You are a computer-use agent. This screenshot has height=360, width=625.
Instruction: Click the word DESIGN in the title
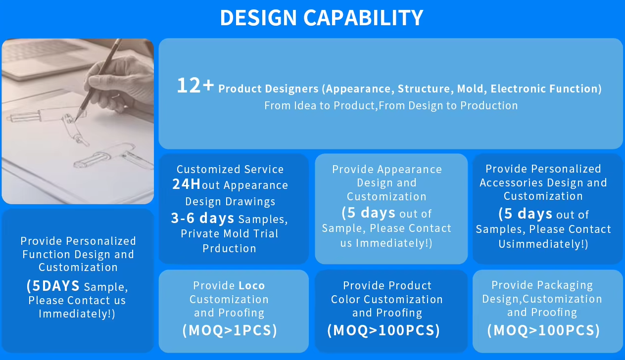click(258, 18)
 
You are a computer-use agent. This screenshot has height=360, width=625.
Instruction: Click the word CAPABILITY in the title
click(363, 18)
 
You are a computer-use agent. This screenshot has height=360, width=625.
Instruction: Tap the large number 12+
click(195, 86)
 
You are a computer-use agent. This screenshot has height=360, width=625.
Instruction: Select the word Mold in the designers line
click(470, 89)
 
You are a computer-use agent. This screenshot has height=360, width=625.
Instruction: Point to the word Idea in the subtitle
click(305, 106)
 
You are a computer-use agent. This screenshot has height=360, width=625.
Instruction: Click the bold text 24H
click(186, 184)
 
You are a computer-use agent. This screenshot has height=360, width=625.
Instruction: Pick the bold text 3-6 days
click(202, 218)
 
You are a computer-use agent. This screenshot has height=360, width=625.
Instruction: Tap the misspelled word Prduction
click(229, 248)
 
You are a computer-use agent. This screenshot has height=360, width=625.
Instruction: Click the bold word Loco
click(252, 285)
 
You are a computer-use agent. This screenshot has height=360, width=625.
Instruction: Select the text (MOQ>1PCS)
click(230, 330)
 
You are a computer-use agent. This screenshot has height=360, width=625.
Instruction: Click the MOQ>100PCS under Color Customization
click(384, 330)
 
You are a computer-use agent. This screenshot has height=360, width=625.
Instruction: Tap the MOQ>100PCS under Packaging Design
click(543, 330)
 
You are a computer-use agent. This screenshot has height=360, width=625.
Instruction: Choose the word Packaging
click(566, 285)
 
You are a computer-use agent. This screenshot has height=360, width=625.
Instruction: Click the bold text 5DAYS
click(56, 286)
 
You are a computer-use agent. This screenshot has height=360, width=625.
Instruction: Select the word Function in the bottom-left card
click(47, 254)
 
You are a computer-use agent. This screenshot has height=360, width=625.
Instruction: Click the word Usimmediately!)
click(543, 244)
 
